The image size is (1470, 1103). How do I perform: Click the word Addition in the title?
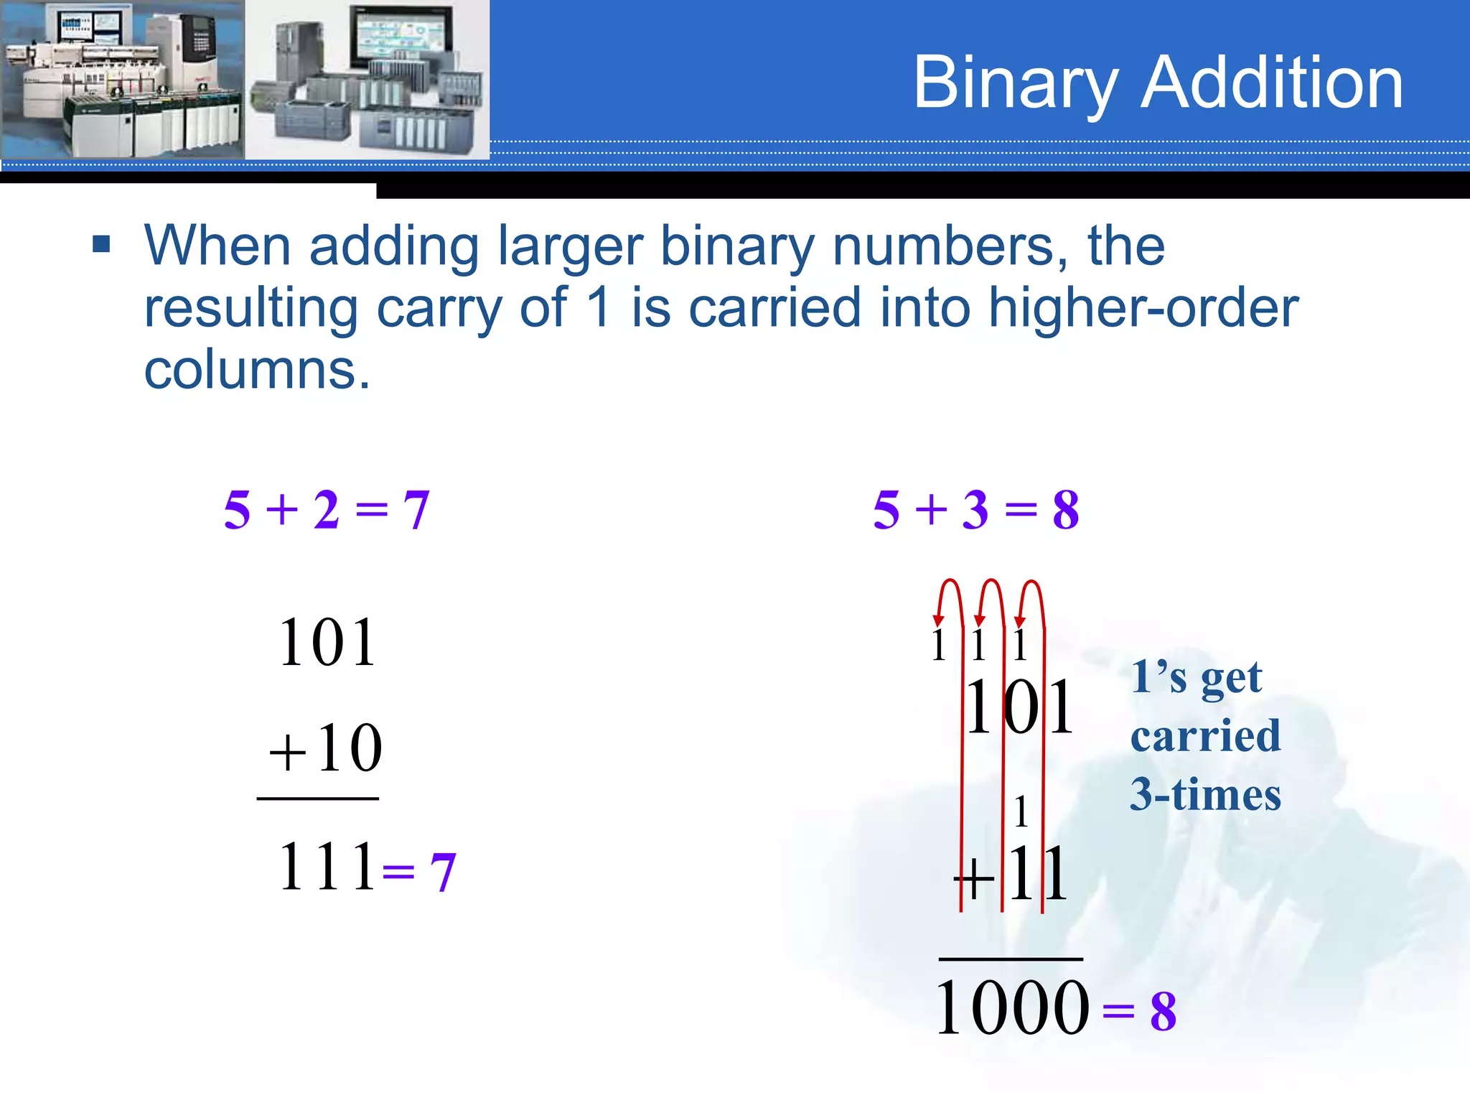point(1272,83)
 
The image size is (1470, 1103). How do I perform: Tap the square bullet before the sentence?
point(101,245)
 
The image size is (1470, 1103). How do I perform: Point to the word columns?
point(257,370)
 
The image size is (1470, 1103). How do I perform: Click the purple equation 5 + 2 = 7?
point(327,510)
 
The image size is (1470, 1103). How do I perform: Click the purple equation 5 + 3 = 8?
point(976,510)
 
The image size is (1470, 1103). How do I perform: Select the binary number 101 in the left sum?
point(327,643)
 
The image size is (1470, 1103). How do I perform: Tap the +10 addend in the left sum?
point(326,749)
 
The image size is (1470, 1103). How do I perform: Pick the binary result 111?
point(327,867)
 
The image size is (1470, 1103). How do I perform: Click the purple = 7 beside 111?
point(420,872)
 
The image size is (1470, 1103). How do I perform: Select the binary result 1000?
point(1012,1008)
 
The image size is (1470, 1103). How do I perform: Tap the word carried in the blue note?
point(1205,736)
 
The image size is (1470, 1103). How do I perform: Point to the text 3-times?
point(1205,795)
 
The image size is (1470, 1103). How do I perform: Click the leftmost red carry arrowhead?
point(938,620)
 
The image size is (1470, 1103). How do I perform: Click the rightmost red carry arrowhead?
point(1020,621)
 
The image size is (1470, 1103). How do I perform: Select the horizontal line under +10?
point(317,799)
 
